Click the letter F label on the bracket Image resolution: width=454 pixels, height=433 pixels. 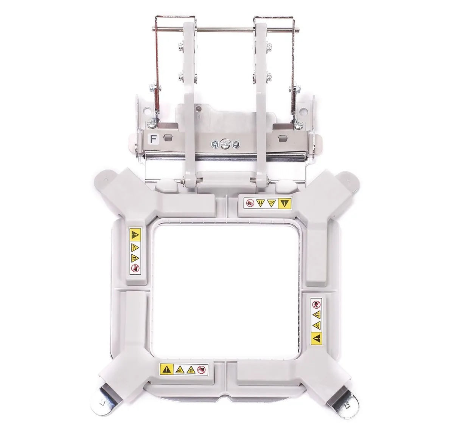pyautogui.click(x=153, y=139)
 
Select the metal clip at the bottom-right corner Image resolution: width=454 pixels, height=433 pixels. pyautogui.click(x=345, y=402)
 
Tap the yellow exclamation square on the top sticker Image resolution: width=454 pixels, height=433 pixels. pyautogui.click(x=285, y=203)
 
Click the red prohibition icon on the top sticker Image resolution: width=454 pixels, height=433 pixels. pyautogui.click(x=250, y=203)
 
